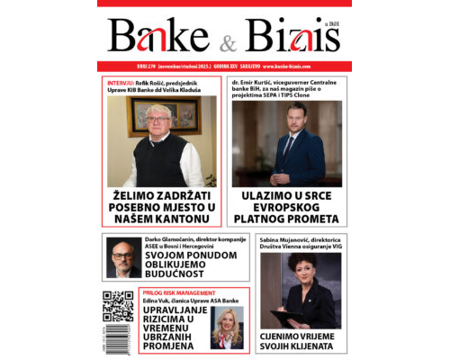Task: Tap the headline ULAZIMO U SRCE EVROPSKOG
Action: click(x=286, y=208)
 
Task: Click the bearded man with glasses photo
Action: click(x=123, y=257)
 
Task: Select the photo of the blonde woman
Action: click(x=225, y=328)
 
